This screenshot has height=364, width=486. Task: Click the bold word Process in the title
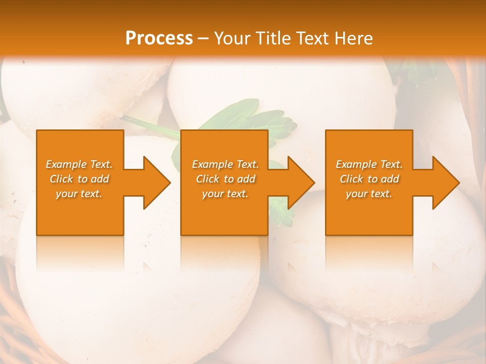pyautogui.click(x=159, y=38)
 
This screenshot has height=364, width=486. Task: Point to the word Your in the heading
pyautogui.click(x=232, y=38)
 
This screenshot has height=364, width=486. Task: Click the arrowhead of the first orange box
pyautogui.click(x=155, y=183)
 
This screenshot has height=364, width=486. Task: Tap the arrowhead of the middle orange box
pyautogui.click(x=299, y=183)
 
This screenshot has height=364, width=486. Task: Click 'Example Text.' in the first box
pyautogui.click(x=79, y=164)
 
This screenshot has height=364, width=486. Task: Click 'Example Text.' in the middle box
pyautogui.click(x=225, y=164)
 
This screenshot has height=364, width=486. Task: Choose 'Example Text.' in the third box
pyautogui.click(x=369, y=164)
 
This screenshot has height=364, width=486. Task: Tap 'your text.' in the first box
pyautogui.click(x=79, y=194)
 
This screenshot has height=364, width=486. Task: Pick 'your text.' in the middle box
pyautogui.click(x=225, y=194)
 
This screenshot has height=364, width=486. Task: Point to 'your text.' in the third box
pyautogui.click(x=369, y=194)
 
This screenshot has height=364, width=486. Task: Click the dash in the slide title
pyautogui.click(x=204, y=39)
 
